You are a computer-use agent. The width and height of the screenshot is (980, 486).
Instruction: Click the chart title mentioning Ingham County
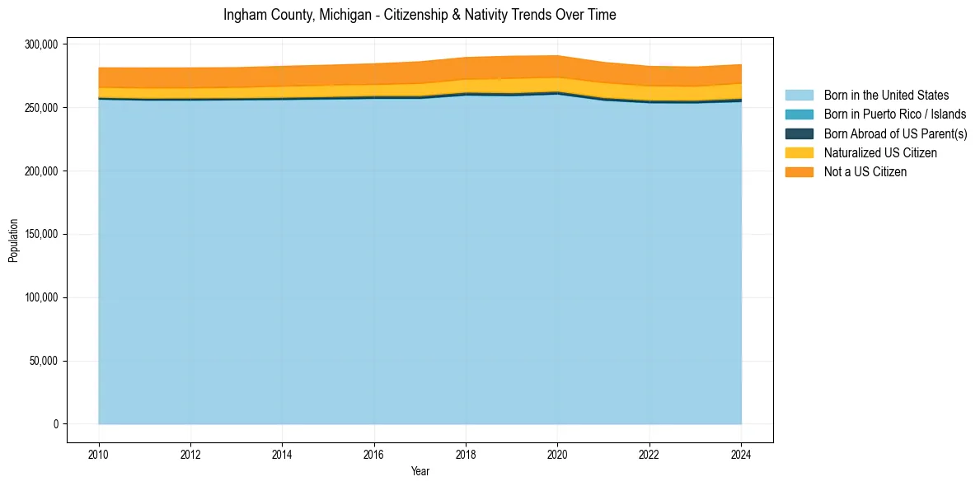click(420, 15)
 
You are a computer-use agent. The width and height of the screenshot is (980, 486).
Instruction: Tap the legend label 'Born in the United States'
click(886, 96)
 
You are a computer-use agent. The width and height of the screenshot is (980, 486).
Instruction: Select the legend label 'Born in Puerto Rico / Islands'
click(895, 114)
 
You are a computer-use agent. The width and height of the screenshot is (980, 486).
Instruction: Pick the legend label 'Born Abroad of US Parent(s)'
click(895, 133)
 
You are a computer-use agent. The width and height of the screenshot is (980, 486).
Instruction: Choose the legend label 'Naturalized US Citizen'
click(880, 152)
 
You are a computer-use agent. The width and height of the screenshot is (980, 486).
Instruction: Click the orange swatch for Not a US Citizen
click(799, 172)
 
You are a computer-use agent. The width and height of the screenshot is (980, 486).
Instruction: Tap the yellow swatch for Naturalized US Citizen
click(799, 152)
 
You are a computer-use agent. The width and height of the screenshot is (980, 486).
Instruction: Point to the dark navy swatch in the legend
click(799, 133)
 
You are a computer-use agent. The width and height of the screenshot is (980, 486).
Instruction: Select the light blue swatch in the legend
click(799, 96)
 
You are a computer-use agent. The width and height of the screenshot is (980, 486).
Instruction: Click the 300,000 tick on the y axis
click(40, 44)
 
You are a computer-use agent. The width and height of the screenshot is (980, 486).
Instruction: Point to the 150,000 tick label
click(40, 235)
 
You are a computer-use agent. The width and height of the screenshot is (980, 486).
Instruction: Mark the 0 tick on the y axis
click(56, 424)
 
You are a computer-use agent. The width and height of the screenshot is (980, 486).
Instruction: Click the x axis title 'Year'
click(420, 472)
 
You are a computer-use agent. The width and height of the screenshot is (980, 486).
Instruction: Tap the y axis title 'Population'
click(13, 241)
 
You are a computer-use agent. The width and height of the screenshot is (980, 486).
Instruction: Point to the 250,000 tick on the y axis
click(40, 108)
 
